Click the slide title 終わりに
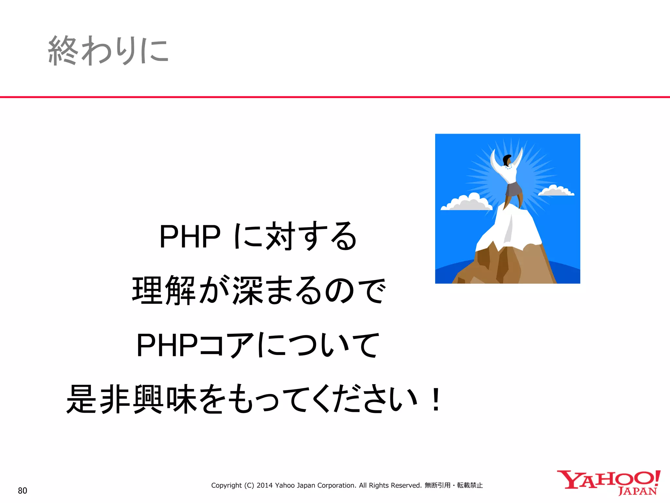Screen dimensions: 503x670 coord(108,51)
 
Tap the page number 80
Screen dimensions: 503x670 coord(22,491)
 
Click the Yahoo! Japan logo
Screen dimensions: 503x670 coord(608,483)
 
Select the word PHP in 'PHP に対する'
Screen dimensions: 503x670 coord(190,236)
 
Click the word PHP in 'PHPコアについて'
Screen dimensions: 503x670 coord(167,345)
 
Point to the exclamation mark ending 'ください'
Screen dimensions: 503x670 coord(436,400)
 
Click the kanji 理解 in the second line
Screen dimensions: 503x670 coord(164,290)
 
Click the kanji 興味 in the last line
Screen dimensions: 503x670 coord(165,400)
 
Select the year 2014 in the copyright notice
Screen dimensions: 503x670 coord(264,485)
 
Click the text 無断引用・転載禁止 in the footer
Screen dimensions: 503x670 coord(453,485)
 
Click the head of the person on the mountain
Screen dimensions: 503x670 coord(507,160)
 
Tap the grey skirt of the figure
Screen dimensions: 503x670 coord(513,190)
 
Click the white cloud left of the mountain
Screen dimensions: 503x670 coord(467,203)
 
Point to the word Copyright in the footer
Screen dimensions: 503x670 coord(226,485)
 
